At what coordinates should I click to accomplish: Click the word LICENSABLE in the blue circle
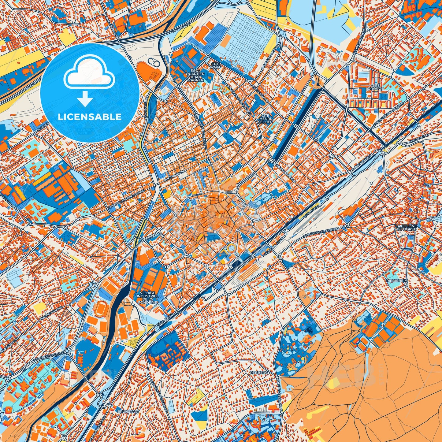(90, 117)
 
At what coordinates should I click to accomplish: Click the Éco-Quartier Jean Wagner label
(196, 74)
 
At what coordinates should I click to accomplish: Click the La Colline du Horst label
(406, 227)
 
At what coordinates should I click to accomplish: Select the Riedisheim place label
(397, 280)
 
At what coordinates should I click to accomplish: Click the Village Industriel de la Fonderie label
(148, 297)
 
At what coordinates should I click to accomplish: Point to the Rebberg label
(259, 373)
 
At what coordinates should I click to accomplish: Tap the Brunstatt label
(128, 411)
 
